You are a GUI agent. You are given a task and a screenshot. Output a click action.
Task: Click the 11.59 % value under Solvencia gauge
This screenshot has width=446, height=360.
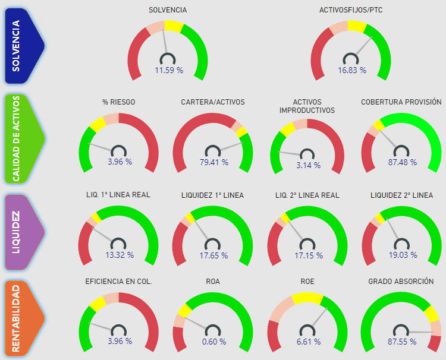tap(169, 70)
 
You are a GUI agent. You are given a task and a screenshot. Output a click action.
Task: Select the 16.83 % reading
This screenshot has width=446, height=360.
tap(352, 70)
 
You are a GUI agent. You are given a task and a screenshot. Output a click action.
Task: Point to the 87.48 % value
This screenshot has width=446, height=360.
tap(402, 162)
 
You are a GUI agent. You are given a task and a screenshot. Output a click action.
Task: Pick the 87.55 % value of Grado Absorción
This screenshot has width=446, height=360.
tap(402, 342)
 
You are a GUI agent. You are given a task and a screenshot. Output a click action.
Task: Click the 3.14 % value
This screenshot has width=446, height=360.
tap(307, 165)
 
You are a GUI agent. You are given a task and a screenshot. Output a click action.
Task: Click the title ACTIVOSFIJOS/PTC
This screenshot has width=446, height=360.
tap(351, 10)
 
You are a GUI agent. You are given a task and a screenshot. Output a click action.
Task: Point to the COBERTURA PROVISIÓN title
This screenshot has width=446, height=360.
tap(401, 102)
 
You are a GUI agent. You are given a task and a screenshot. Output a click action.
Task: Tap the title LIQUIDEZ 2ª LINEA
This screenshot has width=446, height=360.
tap(401, 195)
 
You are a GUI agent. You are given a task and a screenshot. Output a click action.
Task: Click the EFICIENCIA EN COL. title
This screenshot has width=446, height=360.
tap(119, 281)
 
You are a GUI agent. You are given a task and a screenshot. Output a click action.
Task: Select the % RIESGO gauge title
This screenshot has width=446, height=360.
tap(119, 102)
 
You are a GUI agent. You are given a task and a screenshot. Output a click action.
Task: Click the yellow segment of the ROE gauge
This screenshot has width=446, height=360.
tap(307, 298)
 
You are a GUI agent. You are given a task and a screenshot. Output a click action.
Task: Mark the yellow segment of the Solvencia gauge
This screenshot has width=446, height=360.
tap(174, 26)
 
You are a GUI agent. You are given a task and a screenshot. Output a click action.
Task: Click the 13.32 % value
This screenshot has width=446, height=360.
tap(120, 255)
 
